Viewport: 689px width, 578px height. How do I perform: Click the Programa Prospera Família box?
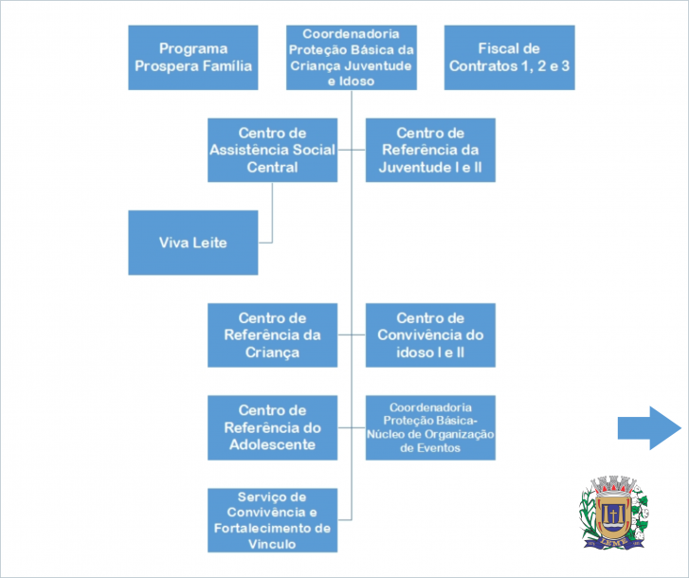point(192,57)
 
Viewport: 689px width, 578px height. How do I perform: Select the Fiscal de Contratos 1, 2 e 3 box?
point(509,57)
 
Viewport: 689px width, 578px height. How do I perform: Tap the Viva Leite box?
point(192,243)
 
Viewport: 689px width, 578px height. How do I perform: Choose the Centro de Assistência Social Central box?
point(273,150)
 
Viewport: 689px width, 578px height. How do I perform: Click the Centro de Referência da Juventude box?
point(430,150)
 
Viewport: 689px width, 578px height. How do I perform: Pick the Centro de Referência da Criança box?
point(273,334)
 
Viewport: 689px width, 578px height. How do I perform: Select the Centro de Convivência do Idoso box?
point(430,334)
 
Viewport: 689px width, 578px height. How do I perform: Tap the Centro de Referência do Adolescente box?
point(273,427)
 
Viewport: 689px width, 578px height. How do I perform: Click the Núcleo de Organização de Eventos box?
point(430,427)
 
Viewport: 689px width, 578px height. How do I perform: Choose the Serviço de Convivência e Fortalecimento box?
point(273,519)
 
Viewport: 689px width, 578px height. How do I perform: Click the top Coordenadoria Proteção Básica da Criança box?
point(351,57)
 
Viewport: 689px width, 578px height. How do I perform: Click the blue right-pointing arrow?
point(649,427)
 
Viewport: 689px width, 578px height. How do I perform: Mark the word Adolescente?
point(273,444)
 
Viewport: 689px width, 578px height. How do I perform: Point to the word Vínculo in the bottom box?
point(273,545)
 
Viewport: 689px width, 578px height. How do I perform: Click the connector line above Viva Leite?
point(273,204)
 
